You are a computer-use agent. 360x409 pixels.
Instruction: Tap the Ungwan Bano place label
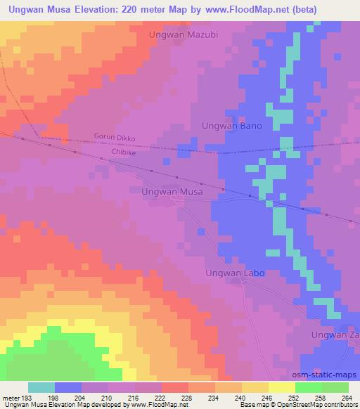pyautogui.click(x=231, y=126)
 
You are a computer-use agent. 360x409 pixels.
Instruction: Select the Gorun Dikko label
pyautogui.click(x=114, y=138)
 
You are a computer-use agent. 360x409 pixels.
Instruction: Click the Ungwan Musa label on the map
pyautogui.click(x=172, y=190)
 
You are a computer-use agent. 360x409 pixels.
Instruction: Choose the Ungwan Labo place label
pyautogui.click(x=234, y=273)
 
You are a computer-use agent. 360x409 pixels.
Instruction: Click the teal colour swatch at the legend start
pyautogui.click(x=41, y=387)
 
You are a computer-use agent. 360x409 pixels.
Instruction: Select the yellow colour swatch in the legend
pyautogui.click(x=282, y=387)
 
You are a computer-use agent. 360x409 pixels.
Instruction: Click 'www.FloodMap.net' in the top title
pyautogui.click(x=237, y=10)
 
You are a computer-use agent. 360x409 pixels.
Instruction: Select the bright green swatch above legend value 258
pyautogui.click(x=309, y=387)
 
